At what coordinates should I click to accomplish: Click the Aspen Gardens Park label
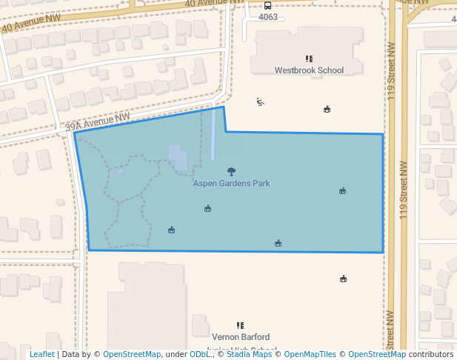231,183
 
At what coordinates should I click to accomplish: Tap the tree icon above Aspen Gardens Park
231,171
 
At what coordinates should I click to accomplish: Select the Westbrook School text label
309,70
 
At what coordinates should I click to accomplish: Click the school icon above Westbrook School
309,59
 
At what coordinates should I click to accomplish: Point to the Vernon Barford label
240,336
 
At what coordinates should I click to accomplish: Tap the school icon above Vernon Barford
240,325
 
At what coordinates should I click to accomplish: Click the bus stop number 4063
267,16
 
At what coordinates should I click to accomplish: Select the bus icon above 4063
267,5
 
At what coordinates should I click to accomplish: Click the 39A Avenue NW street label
98,122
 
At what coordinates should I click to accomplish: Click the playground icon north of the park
260,102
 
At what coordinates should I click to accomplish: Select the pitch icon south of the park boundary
343,279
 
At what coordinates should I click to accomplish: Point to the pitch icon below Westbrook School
327,110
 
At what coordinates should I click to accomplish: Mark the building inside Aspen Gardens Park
179,158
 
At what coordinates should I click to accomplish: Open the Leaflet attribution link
41,355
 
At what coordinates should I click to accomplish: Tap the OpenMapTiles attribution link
310,355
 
